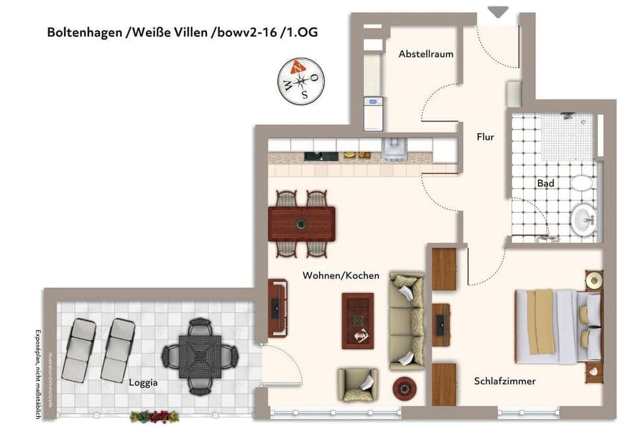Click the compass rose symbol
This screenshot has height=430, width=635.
tap(301, 81)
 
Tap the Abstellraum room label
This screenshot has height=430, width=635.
tap(426, 54)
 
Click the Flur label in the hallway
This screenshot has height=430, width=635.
tap(486, 137)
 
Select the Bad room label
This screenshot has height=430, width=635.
tap(545, 183)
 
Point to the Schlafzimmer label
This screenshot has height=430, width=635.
tap(505, 381)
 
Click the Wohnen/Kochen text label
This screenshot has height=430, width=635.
tap(341, 275)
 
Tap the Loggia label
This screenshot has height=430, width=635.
tap(144, 382)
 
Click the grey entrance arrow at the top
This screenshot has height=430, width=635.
tap(497, 12)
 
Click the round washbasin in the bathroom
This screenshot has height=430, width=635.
tap(583, 219)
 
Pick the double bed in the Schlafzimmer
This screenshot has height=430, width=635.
tap(558, 326)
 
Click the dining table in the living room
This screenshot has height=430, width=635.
tap(302, 224)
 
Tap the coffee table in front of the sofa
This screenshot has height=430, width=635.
tap(358, 321)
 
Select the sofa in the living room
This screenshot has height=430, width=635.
tap(406, 320)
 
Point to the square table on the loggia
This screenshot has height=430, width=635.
tap(200, 356)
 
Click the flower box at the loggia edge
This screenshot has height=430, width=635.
tap(155, 416)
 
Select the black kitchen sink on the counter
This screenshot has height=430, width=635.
tap(312, 156)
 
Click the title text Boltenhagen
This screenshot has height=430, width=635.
tap(84, 32)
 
